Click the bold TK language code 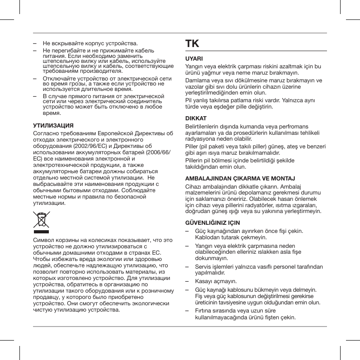click(192, 44)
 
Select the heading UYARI click(194, 59)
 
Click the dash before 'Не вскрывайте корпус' click(35, 43)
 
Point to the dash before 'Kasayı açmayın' click(188, 281)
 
